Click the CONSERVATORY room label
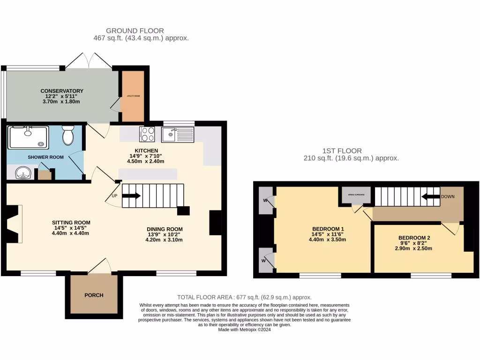click(62, 91)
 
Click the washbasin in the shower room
click(22, 174)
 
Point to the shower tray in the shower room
click(28, 136)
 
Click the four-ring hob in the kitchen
click(148, 134)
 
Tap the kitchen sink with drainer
click(178, 135)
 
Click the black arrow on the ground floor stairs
click(131, 196)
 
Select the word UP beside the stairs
click(114, 195)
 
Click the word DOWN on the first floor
click(448, 197)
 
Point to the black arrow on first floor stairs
click(430, 197)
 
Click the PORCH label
click(94, 295)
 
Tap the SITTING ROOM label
click(71, 223)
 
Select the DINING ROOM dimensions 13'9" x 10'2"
click(164, 234)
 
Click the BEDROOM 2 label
click(414, 238)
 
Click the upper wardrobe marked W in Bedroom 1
click(266, 201)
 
